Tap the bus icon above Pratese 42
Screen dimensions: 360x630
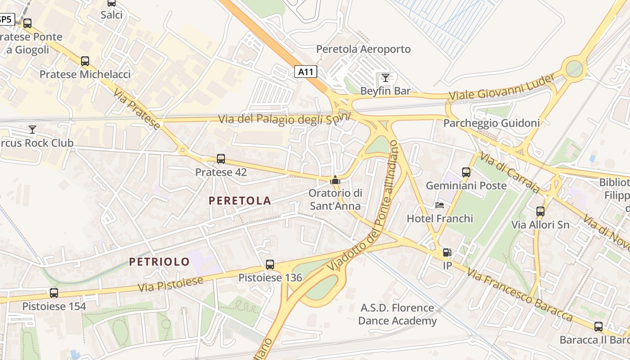pos(220,158)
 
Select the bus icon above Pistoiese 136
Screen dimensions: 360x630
pos(270,265)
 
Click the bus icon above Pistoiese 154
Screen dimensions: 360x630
pos(54,293)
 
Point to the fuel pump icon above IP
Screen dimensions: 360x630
pos(446,252)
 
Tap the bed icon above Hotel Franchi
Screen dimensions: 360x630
pos(440,205)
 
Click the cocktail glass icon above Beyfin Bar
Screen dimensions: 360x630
pos(385,77)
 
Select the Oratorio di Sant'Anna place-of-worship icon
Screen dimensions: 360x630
pos(335,180)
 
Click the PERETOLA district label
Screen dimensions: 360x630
pos(240,201)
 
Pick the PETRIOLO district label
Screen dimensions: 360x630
pos(159,261)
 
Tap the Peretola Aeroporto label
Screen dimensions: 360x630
pos(364,49)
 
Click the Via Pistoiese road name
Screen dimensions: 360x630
pos(171,283)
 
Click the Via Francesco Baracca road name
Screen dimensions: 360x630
pos(519,295)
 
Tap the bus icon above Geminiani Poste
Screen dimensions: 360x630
pos(466,172)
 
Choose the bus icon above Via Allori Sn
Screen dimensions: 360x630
pos(540,211)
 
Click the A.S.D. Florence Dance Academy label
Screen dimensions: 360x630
pos(397,314)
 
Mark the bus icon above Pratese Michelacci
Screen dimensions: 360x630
pos(85,61)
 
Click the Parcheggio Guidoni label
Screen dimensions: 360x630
pos(491,123)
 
